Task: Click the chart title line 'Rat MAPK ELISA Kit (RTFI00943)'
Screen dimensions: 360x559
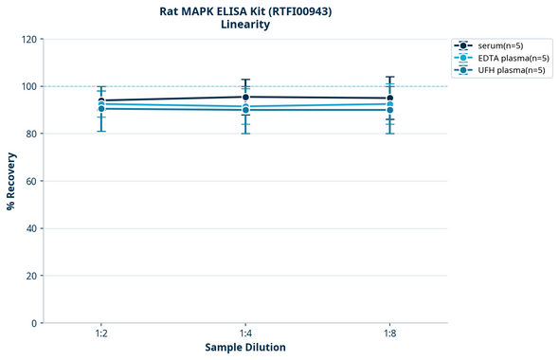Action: click(x=244, y=10)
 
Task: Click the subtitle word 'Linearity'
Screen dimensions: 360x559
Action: click(x=244, y=25)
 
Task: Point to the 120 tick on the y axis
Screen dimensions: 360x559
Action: click(x=27, y=39)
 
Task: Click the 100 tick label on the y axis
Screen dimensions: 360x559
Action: click(x=27, y=86)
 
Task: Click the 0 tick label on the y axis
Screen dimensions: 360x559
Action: click(x=33, y=323)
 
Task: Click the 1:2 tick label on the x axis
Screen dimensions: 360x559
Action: click(x=101, y=334)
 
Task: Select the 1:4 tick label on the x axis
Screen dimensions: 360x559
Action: click(x=245, y=334)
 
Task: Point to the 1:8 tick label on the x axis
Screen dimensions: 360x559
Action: click(x=389, y=334)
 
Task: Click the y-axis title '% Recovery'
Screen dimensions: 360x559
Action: click(x=11, y=181)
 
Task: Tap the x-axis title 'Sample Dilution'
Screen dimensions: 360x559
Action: click(x=245, y=348)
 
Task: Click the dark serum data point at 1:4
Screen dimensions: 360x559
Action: click(x=245, y=97)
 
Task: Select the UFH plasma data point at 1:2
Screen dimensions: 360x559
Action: click(x=101, y=109)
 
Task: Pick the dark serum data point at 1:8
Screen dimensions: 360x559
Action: click(x=389, y=99)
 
